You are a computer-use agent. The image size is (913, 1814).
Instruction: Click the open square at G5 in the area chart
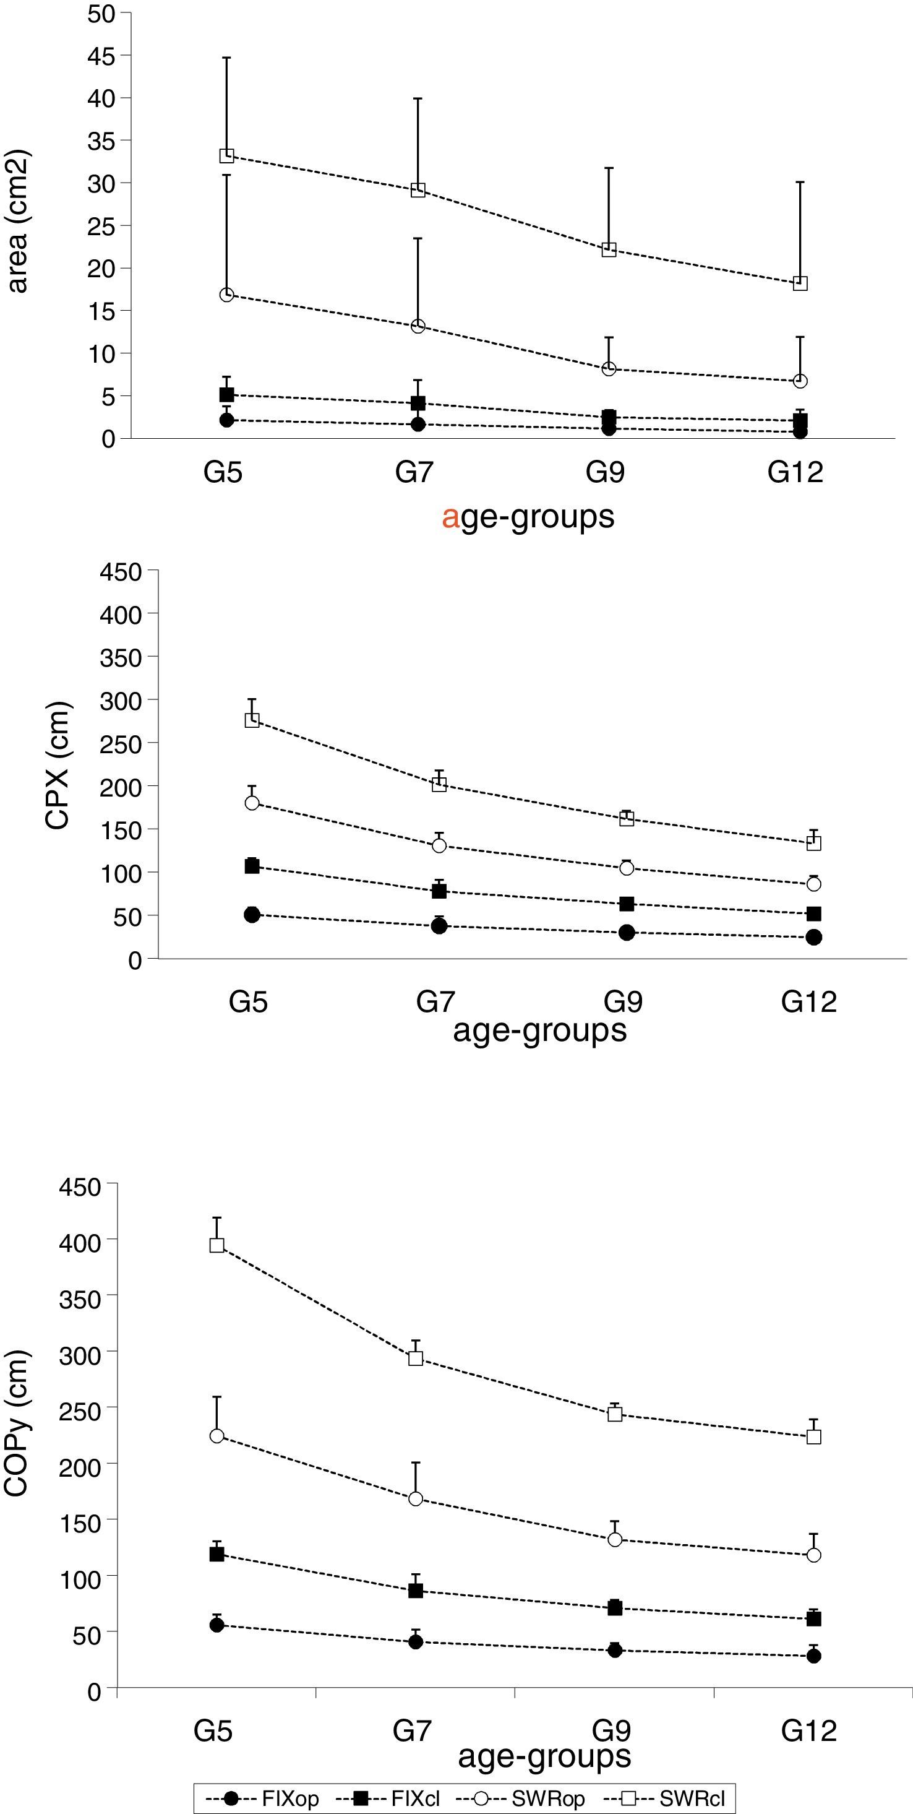pyautogui.click(x=226, y=155)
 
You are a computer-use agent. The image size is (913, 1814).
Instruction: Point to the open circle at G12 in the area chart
pyautogui.click(x=800, y=381)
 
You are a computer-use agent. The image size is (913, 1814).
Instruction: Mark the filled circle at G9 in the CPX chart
pyautogui.click(x=627, y=932)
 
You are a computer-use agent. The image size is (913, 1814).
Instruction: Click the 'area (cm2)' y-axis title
pyautogui.click(x=17, y=221)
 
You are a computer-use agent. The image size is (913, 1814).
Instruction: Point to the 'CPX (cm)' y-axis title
pyautogui.click(x=58, y=766)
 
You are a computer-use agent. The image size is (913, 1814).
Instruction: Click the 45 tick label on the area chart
pyautogui.click(x=101, y=56)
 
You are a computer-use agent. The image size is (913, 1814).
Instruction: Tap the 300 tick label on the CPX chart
pyautogui.click(x=121, y=701)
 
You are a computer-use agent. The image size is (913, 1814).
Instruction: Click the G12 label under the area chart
pyautogui.click(x=795, y=472)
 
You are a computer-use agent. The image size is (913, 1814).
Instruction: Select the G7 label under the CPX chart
pyautogui.click(x=435, y=1001)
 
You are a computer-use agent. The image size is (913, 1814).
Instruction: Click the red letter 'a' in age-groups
pyautogui.click(x=450, y=517)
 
